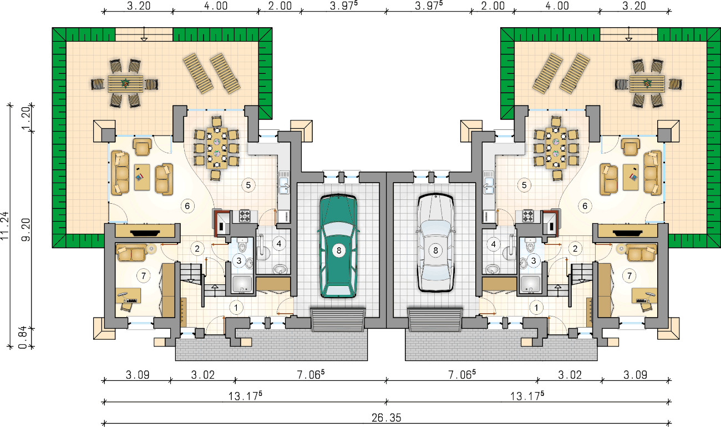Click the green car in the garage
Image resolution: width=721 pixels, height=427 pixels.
click(338, 245)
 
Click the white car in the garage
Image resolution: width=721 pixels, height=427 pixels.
click(435, 242)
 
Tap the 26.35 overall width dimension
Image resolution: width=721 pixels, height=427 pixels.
click(386, 418)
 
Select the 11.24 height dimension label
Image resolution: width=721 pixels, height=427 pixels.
click(4, 225)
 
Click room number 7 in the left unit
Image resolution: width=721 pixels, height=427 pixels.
click(144, 275)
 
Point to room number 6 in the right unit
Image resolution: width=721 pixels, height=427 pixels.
click(585, 205)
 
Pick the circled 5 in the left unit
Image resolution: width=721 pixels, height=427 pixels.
click(248, 185)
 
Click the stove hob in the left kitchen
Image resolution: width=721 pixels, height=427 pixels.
click(244, 215)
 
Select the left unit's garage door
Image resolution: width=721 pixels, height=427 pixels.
click(338, 320)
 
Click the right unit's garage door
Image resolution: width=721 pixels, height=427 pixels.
click(435, 320)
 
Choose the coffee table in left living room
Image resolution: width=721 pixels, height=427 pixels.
click(142, 177)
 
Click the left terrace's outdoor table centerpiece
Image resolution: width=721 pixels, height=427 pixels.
click(125, 83)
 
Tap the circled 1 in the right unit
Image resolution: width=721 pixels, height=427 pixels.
click(536, 308)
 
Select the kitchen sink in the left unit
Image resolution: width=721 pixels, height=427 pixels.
click(284, 182)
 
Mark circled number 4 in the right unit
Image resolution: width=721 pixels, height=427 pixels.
click(494, 244)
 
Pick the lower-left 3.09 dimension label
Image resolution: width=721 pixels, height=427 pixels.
click(138, 375)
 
